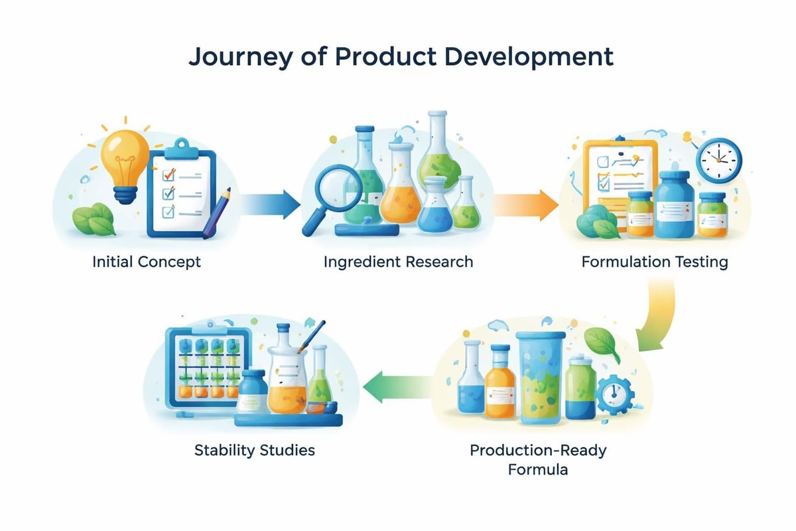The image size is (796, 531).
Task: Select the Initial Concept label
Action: tap(146, 262)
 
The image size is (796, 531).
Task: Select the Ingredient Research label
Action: tap(398, 262)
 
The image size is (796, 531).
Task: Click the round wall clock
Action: tap(718, 160)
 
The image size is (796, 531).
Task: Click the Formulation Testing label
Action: tap(654, 262)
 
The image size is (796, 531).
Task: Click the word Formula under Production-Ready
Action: tap(538, 470)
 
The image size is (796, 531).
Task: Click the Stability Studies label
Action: tap(254, 451)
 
